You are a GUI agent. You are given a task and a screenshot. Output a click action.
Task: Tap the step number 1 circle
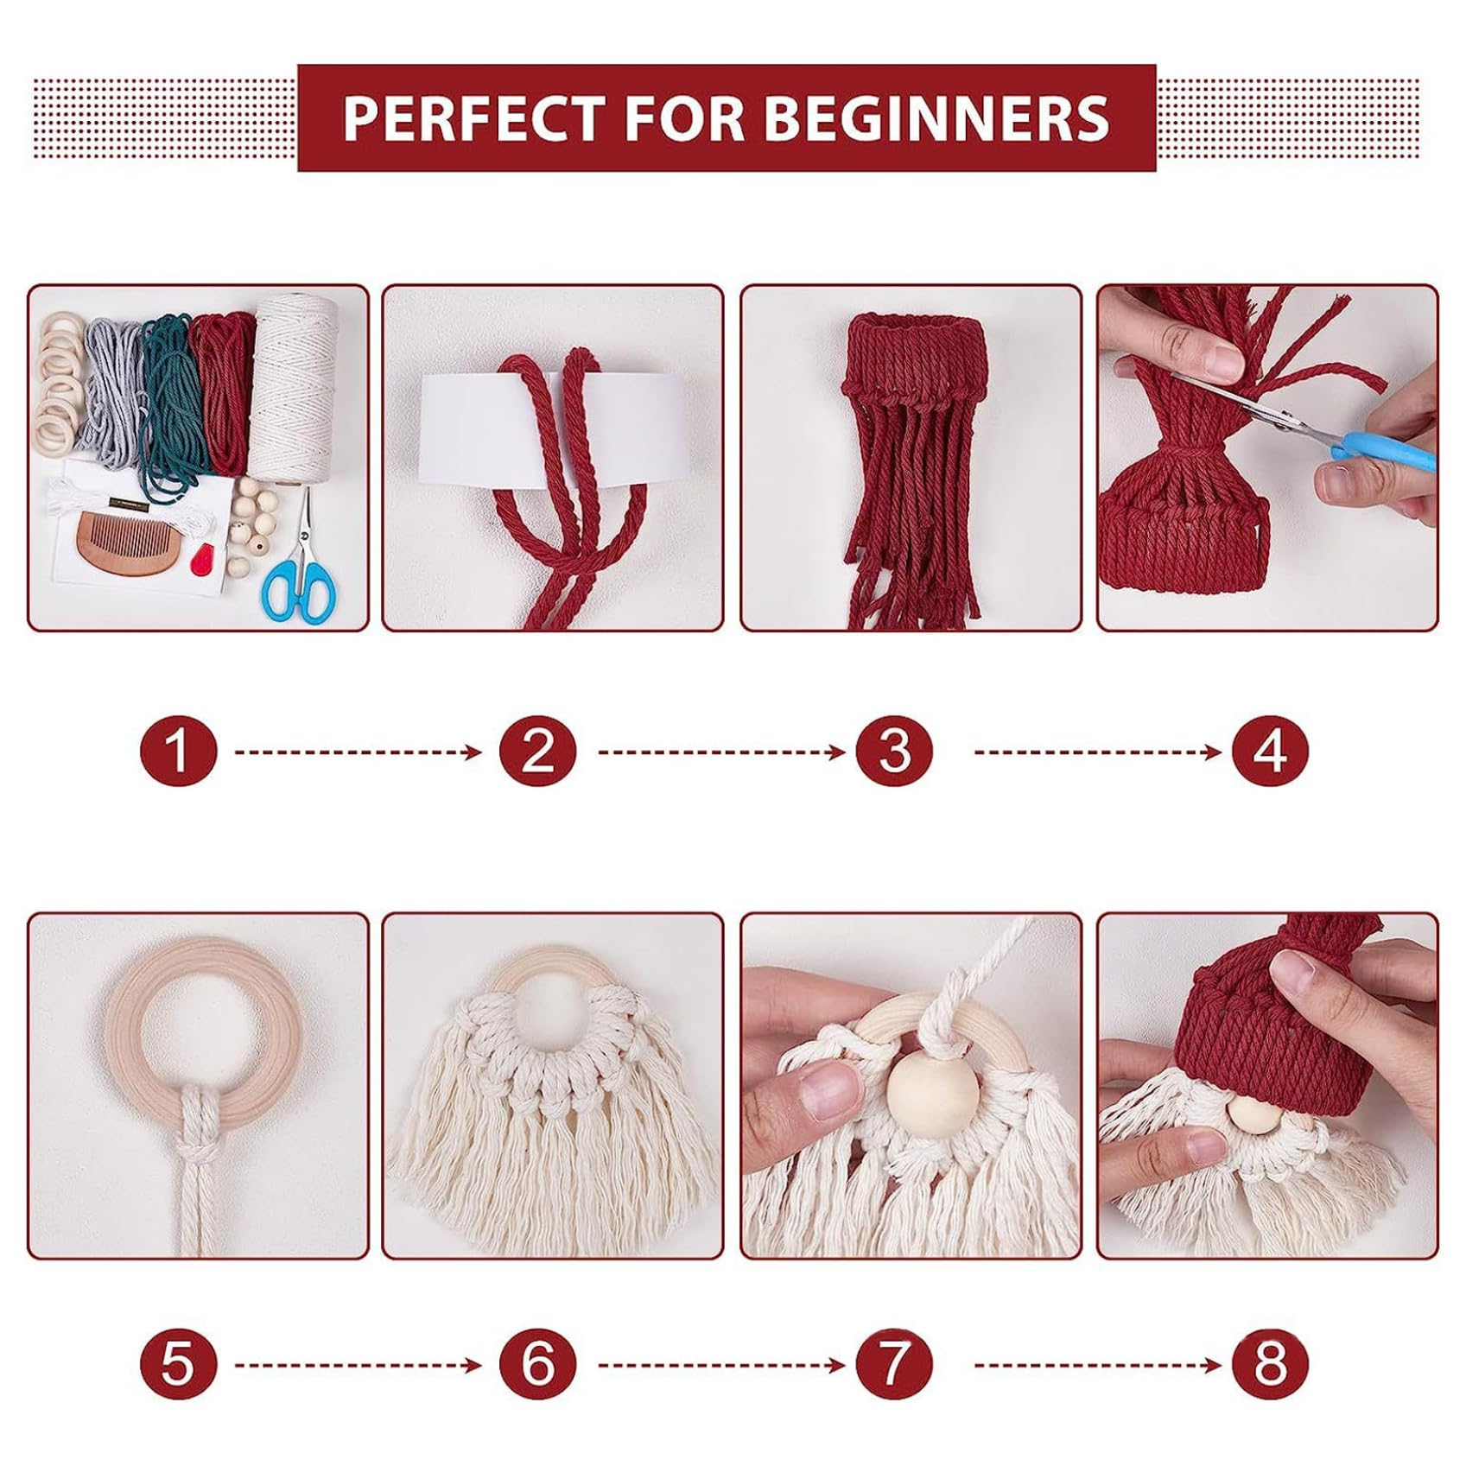(178, 750)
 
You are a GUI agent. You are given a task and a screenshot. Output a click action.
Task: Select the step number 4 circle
(1270, 750)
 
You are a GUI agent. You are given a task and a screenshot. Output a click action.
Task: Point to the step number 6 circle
(537, 1365)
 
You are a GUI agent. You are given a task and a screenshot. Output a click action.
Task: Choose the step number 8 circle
(1270, 1365)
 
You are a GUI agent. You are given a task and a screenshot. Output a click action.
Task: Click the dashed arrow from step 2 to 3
(721, 752)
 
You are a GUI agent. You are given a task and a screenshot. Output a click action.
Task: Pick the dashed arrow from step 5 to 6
(358, 1366)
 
